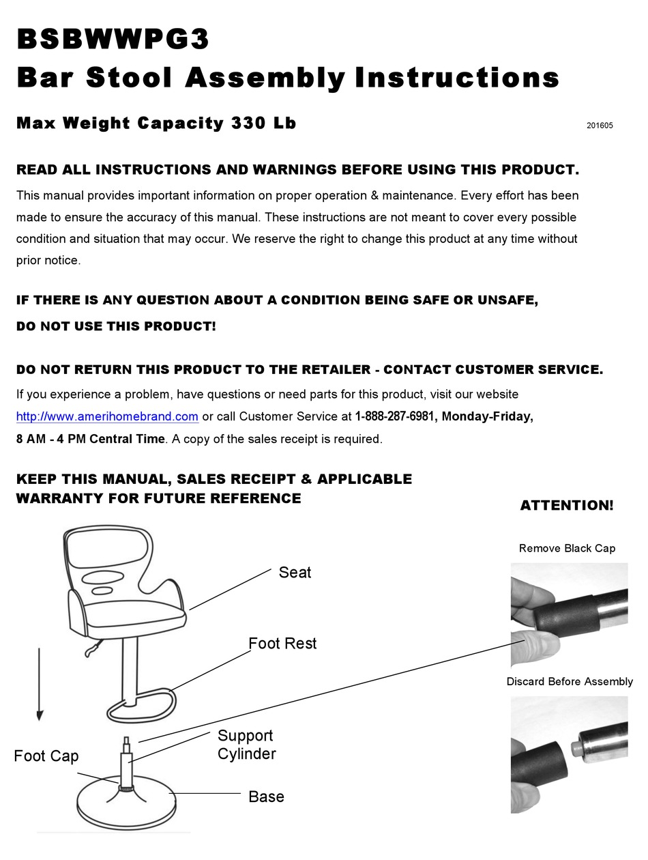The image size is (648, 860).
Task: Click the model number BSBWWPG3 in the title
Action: pos(113,39)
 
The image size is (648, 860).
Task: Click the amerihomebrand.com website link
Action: pos(107,416)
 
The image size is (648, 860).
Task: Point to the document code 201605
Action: pos(600,126)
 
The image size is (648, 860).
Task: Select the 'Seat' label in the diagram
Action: pos(295,573)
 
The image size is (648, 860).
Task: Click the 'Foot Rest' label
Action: pos(282,644)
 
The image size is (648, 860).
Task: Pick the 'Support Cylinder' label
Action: pos(246,745)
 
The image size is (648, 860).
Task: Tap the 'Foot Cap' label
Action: pos(46,756)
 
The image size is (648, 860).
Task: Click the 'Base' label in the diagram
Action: pos(266,797)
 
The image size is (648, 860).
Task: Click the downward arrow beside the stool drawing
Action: pos(40,683)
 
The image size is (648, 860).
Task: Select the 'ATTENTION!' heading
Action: pos(567,506)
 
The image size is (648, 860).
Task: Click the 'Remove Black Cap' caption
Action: pos(567,548)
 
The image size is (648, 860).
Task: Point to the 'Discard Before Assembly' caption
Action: pos(570,681)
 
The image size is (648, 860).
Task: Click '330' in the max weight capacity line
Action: pos(248,124)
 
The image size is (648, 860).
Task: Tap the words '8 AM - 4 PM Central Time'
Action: pos(91,439)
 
